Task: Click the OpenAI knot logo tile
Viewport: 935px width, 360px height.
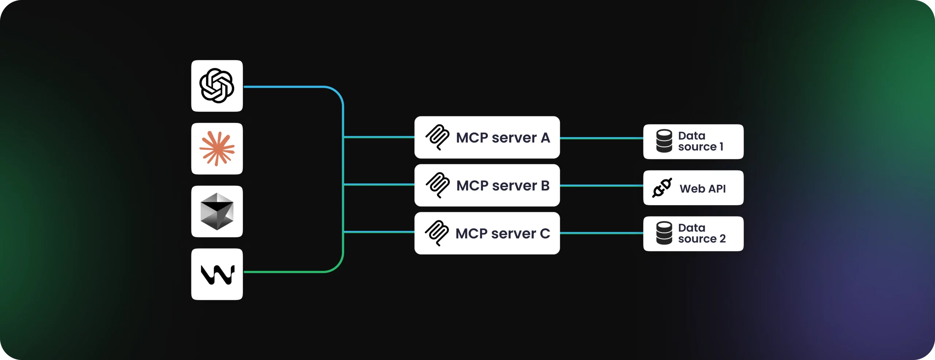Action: point(217,86)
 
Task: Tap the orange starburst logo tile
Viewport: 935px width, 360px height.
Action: point(217,149)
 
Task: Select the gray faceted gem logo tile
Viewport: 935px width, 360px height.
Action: point(217,211)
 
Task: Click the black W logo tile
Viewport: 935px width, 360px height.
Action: point(217,274)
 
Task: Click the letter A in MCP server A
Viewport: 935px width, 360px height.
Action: point(545,138)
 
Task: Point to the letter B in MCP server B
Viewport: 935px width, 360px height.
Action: point(545,185)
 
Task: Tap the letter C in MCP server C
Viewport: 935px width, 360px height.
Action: point(545,233)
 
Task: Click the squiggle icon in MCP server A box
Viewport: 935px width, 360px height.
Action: point(437,137)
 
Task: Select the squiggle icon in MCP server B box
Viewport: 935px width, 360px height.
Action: point(437,185)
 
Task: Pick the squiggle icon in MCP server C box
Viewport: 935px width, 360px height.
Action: point(437,233)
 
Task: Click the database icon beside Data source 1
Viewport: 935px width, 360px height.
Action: point(664,141)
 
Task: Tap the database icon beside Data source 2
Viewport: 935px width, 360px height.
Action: point(664,233)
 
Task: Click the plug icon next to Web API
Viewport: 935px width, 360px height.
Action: point(662,188)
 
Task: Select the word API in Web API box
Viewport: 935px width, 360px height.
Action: point(717,189)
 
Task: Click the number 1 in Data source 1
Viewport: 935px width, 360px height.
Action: point(721,147)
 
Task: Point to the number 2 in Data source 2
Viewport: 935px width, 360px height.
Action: point(722,239)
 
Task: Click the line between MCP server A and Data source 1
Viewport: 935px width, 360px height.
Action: point(601,138)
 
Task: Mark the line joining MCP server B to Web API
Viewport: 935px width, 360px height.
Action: point(601,185)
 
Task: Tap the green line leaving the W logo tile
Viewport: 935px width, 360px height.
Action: point(285,272)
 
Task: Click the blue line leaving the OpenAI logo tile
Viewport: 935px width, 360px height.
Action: point(285,87)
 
